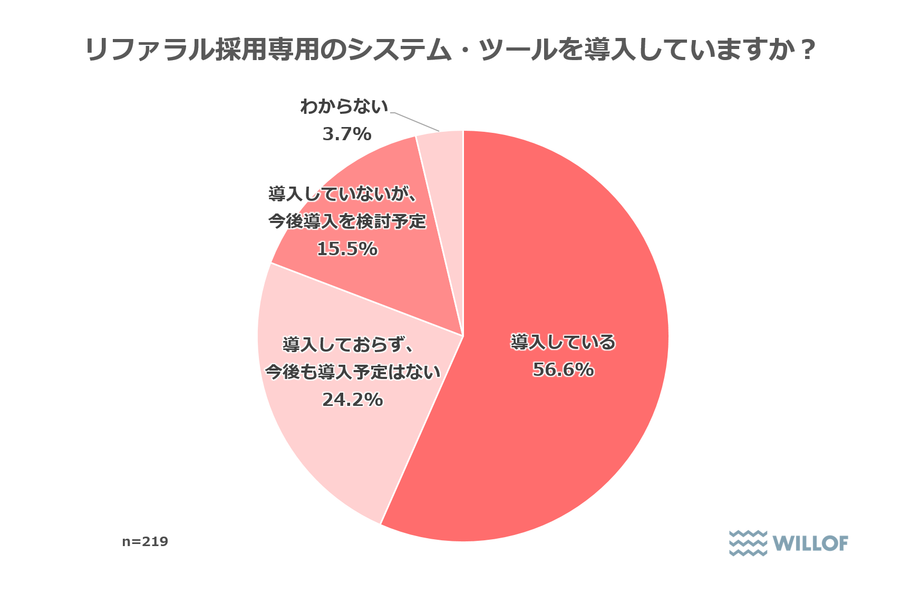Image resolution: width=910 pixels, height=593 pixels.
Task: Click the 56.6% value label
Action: click(x=563, y=370)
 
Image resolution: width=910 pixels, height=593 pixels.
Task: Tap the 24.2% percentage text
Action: click(x=352, y=400)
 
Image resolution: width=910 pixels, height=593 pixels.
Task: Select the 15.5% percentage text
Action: click(x=347, y=248)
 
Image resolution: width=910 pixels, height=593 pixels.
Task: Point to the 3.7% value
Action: click(x=347, y=134)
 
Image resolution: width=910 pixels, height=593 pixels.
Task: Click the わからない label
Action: click(x=344, y=107)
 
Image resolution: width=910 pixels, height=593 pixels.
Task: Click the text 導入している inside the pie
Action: click(x=563, y=342)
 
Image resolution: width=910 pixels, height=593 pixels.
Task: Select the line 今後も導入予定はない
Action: click(x=352, y=372)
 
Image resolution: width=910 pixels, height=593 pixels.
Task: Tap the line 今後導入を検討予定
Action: click(x=347, y=221)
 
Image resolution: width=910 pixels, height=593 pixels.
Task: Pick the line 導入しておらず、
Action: click(x=348, y=345)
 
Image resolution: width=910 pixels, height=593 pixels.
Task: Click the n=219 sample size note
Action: click(x=145, y=541)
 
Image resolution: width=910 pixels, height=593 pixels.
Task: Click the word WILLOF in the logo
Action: click(x=810, y=543)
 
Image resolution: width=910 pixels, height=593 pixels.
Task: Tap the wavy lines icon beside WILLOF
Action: click(x=748, y=543)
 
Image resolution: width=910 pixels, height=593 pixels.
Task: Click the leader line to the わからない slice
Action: click(x=416, y=122)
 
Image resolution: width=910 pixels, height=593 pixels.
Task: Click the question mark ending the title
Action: click(x=808, y=50)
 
